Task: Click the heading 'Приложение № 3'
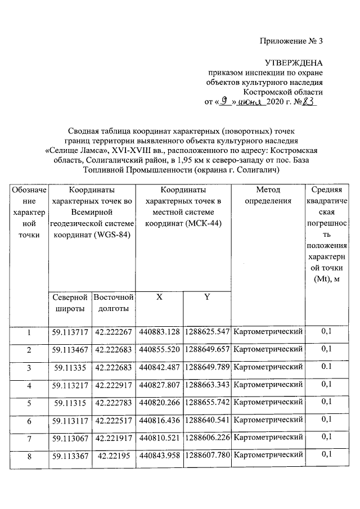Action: click(292, 41)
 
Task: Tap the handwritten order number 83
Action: click(310, 102)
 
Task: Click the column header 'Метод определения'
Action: click(268, 195)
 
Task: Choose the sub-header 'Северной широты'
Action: click(70, 303)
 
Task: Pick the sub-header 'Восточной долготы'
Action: click(114, 303)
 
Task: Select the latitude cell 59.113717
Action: click(70, 332)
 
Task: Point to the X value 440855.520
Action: click(160, 350)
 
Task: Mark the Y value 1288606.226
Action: click(207, 437)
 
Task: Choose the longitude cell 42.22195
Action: click(114, 454)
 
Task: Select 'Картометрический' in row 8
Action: click(268, 454)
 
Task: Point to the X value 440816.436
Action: click(160, 420)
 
